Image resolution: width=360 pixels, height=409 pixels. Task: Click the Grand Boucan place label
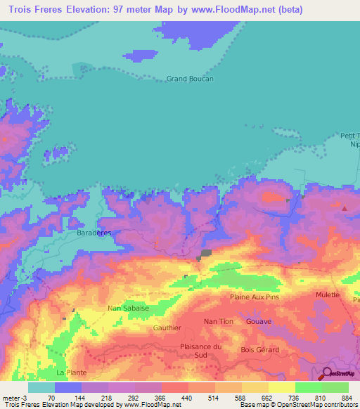(x=190, y=79)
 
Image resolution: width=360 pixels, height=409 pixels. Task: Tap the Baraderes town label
(x=94, y=231)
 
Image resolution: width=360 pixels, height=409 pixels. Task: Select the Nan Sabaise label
(x=127, y=308)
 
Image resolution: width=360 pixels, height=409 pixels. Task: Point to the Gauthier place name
(x=167, y=327)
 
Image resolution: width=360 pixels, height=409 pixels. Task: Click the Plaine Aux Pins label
(x=255, y=297)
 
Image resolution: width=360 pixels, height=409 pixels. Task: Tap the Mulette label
(x=328, y=295)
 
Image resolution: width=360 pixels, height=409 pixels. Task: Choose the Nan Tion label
(x=219, y=321)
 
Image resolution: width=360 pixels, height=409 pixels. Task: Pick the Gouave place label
(x=259, y=321)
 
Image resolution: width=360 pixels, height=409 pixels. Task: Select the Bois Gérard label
(x=259, y=349)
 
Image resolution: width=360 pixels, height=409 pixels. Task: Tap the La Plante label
(x=70, y=372)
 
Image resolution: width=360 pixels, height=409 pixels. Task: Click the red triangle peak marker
(x=345, y=209)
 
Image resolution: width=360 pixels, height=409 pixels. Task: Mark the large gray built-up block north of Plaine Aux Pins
(x=207, y=254)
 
